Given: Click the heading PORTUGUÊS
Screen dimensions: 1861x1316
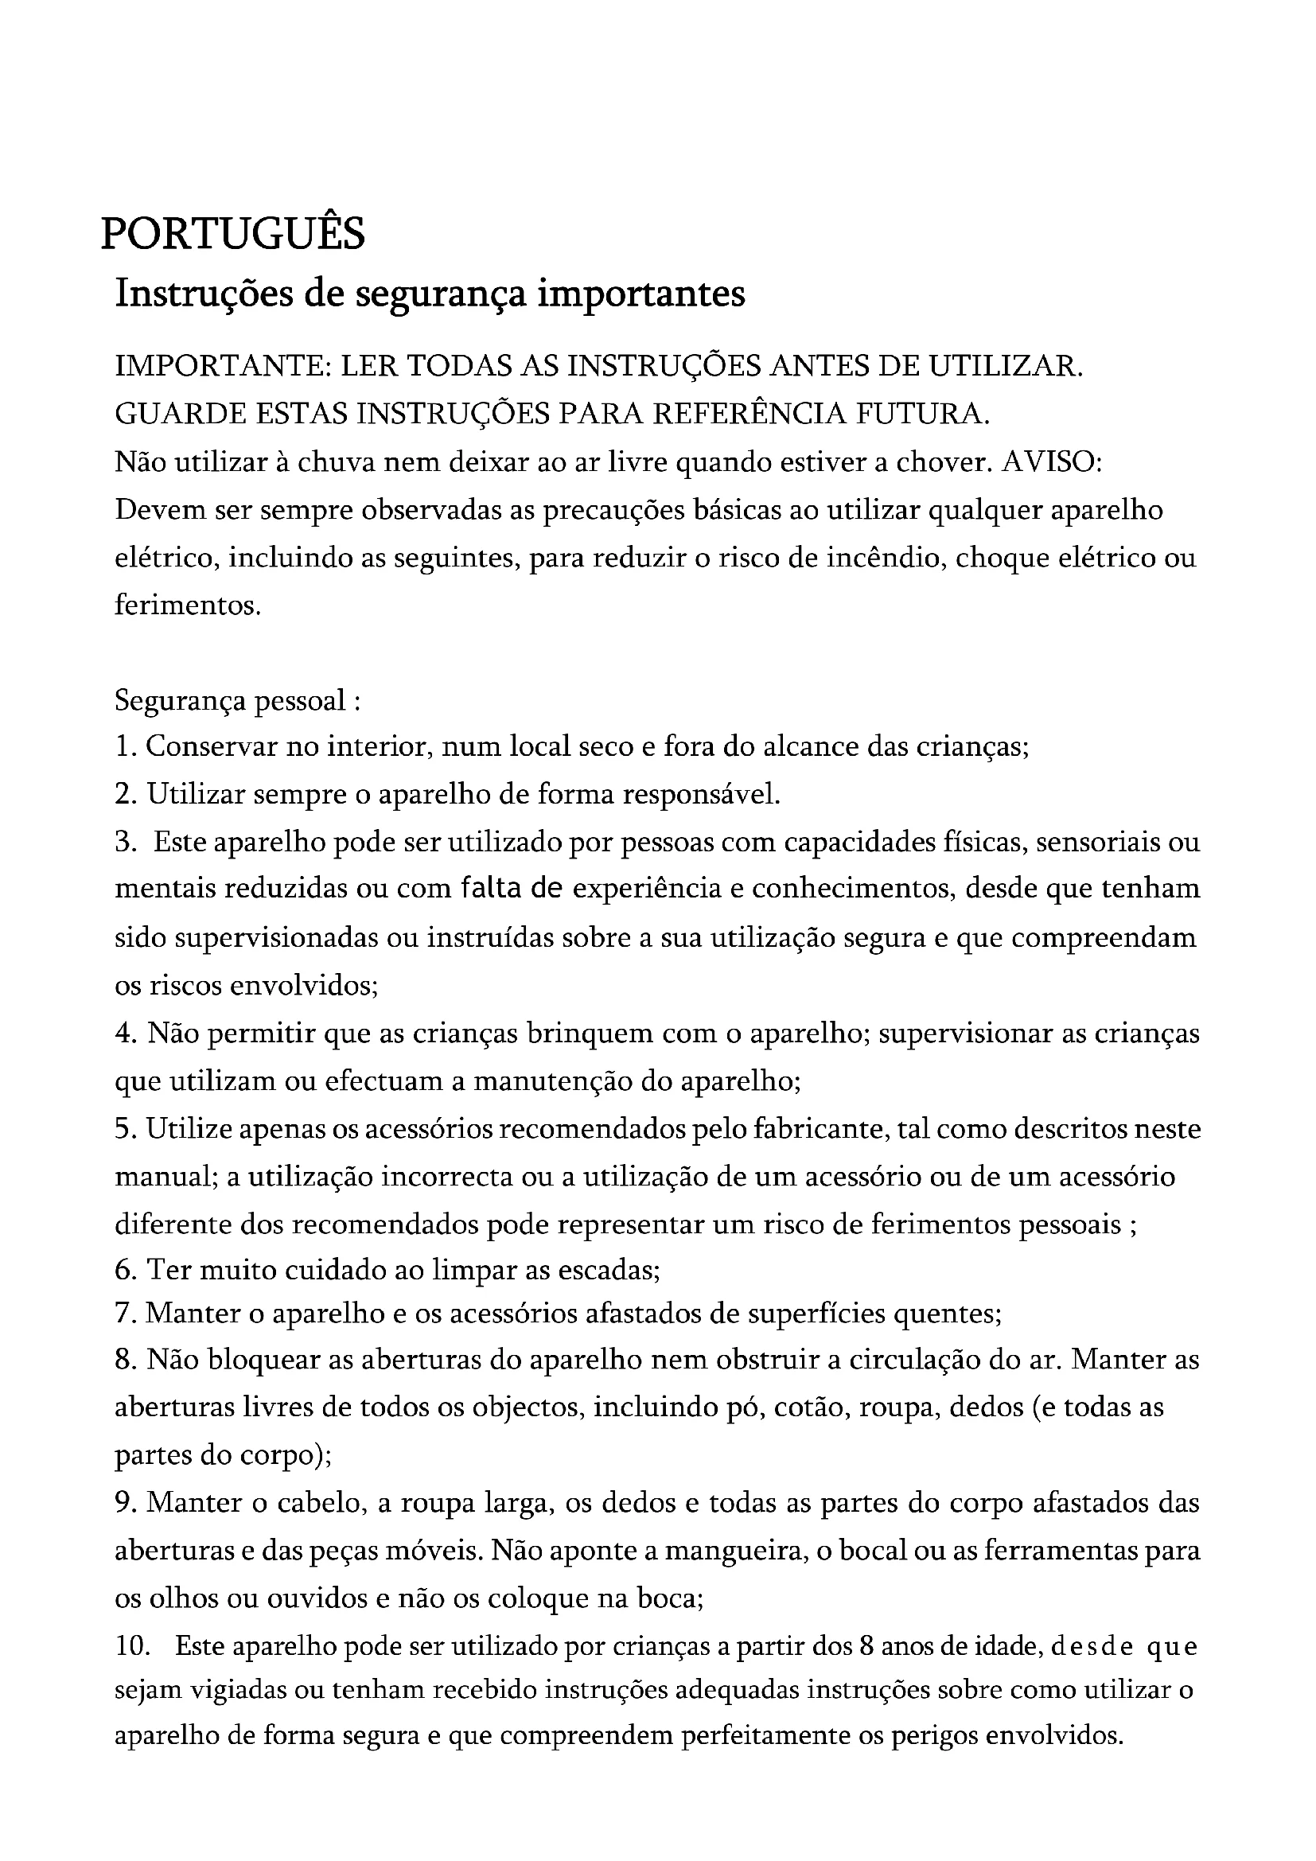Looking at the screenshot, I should [232, 233].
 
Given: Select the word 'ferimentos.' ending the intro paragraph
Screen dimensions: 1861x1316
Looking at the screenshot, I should [188, 605].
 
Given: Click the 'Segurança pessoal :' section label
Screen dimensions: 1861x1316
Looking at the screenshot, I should [236, 699].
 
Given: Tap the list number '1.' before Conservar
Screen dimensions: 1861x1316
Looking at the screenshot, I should [126, 746].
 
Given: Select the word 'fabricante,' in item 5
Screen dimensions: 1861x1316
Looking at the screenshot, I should [820, 1130].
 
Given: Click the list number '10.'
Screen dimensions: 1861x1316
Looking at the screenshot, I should [134, 1648].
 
